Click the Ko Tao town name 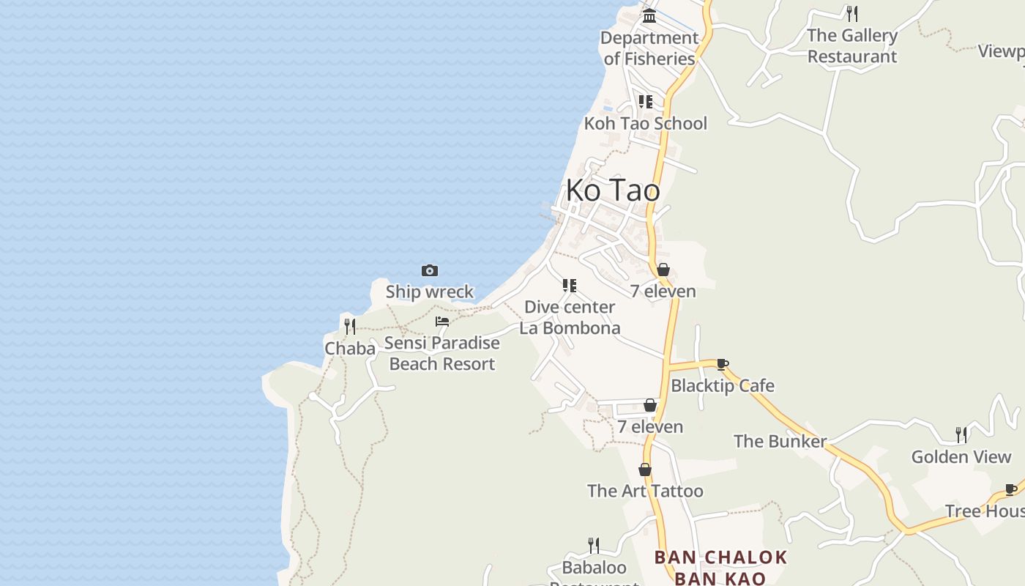[x=613, y=190]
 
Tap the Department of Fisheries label [x=649, y=48]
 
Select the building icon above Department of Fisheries [x=649, y=15]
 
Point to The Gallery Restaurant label [x=852, y=46]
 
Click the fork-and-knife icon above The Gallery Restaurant [x=851, y=13]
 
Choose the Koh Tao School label [x=645, y=123]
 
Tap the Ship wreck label [x=430, y=292]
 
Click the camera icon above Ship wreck [x=430, y=271]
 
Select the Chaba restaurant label [x=350, y=349]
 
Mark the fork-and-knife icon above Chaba [x=350, y=327]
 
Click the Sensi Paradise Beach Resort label [x=442, y=353]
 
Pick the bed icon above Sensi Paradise [x=442, y=322]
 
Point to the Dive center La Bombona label [x=570, y=317]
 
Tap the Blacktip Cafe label [x=723, y=385]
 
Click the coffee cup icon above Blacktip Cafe [x=723, y=364]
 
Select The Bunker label [x=780, y=441]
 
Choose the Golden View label [x=961, y=457]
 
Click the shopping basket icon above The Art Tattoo [x=645, y=470]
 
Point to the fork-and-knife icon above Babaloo [x=594, y=546]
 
